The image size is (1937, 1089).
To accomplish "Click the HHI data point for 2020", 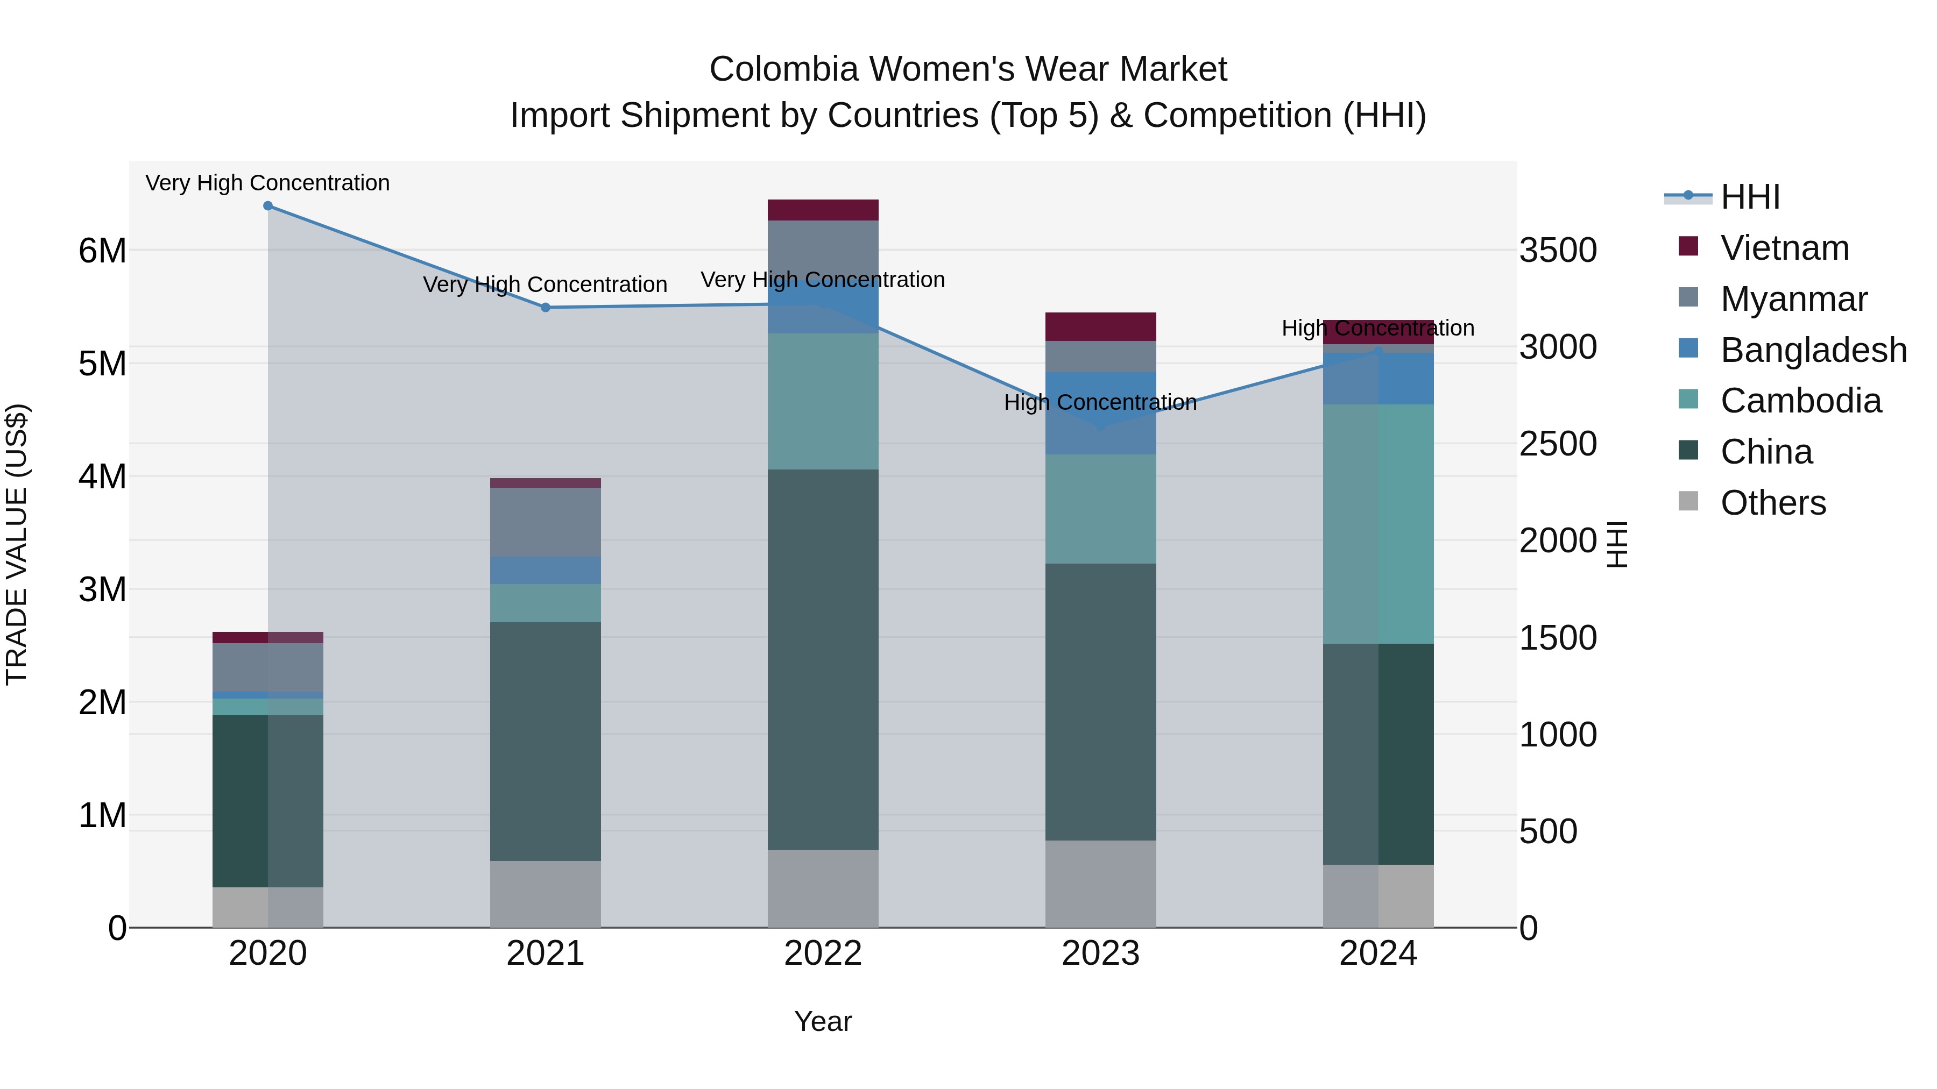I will pos(268,206).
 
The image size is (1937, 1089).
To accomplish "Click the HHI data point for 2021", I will pos(546,308).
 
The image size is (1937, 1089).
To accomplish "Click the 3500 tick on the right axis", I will pos(1558,250).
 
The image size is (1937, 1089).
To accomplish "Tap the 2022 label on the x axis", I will pos(823,953).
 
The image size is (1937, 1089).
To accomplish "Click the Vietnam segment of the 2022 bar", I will pos(823,210).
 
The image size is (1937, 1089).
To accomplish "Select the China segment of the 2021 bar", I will pos(546,741).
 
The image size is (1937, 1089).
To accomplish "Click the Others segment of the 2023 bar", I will pos(1100,883).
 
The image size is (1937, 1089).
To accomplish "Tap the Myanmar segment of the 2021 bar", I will pos(546,522).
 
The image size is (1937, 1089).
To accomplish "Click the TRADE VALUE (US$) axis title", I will pos(17,545).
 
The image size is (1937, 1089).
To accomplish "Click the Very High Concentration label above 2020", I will pos(268,183).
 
